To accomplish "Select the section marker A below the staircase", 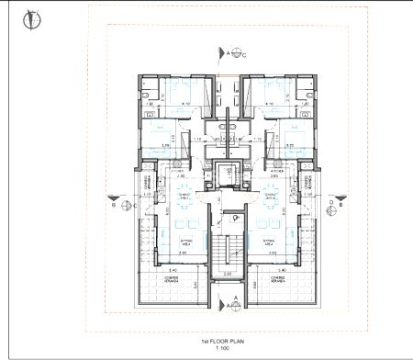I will pyautogui.click(x=233, y=298).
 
